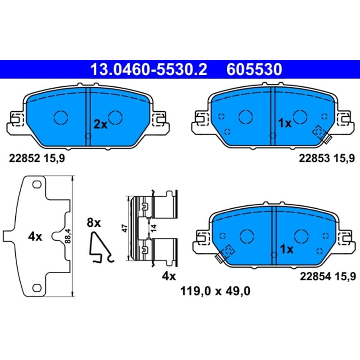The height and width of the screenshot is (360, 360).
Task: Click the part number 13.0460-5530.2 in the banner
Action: (x=149, y=70)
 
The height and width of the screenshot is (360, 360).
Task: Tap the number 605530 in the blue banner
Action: (x=254, y=70)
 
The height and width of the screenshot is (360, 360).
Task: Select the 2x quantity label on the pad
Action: (x=100, y=125)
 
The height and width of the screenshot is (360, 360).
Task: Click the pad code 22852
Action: (x=25, y=158)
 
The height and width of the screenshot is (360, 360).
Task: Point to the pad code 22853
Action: (x=314, y=158)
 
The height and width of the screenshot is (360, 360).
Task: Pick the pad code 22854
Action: (x=315, y=276)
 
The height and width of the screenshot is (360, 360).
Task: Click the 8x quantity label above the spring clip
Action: (x=94, y=223)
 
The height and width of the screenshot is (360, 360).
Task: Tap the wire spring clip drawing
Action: (x=101, y=247)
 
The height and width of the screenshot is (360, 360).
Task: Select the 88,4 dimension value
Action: (x=68, y=236)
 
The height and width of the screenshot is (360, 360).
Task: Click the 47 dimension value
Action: (x=125, y=228)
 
